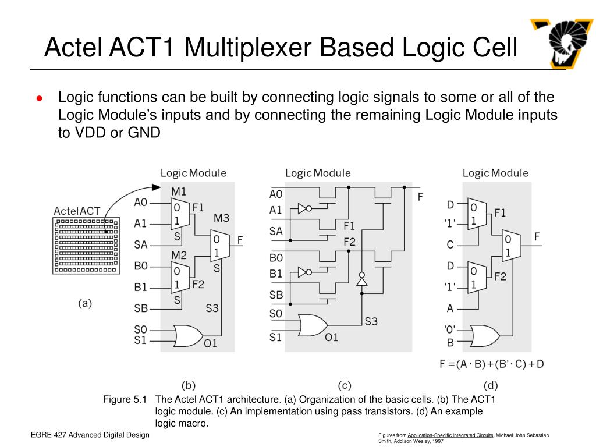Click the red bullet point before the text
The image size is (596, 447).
[x=39, y=98]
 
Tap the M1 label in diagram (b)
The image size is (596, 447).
[x=179, y=191]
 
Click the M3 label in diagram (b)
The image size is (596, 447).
[x=221, y=218]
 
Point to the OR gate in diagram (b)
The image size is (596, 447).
[x=186, y=335]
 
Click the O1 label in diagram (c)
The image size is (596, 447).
[x=331, y=337]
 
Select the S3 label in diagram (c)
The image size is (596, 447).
[x=371, y=321]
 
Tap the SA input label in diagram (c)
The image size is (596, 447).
[x=276, y=231]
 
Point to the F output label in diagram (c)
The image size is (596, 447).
[x=420, y=197]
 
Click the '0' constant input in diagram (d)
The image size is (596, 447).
[x=450, y=329]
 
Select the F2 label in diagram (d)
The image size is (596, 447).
[x=501, y=276]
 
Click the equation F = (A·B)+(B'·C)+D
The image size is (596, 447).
[x=491, y=364]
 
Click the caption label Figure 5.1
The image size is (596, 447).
[x=125, y=399]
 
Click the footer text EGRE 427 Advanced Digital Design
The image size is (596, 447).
[x=90, y=435]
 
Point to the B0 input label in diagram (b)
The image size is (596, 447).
[x=141, y=266]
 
